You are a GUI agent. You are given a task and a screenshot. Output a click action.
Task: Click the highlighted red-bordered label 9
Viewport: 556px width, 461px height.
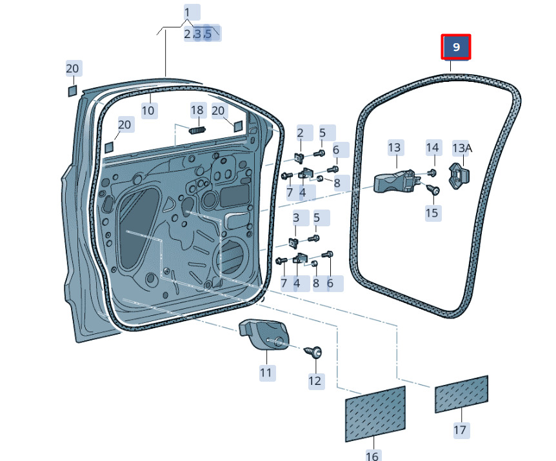pyautogui.click(x=456, y=47)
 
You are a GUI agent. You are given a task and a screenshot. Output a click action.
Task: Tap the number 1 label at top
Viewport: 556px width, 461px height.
pyautogui.click(x=187, y=12)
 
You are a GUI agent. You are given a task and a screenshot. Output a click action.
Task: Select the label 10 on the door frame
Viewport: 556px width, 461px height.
pyautogui.click(x=148, y=110)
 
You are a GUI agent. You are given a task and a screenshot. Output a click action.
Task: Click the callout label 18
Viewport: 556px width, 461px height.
pyautogui.click(x=197, y=110)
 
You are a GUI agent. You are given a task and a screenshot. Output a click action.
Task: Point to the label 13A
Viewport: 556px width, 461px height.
pyautogui.click(x=462, y=148)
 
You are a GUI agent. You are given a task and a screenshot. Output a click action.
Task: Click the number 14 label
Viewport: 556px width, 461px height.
pyautogui.click(x=432, y=148)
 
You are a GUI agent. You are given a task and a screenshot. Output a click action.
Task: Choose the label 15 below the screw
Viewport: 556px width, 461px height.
pyautogui.click(x=432, y=212)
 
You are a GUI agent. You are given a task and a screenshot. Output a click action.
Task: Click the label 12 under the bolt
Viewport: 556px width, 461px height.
pyautogui.click(x=315, y=381)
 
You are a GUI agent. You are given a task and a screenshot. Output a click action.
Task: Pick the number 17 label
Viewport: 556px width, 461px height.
pyautogui.click(x=461, y=429)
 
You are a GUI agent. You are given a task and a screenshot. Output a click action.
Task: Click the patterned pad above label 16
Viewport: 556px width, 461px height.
pyautogui.click(x=375, y=413)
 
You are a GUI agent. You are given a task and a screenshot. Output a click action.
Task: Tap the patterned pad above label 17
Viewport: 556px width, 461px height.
pyautogui.click(x=461, y=393)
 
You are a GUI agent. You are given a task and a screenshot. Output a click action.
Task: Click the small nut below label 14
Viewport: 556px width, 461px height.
pyautogui.click(x=432, y=173)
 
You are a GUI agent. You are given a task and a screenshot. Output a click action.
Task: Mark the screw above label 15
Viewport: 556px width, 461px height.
pyautogui.click(x=432, y=190)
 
